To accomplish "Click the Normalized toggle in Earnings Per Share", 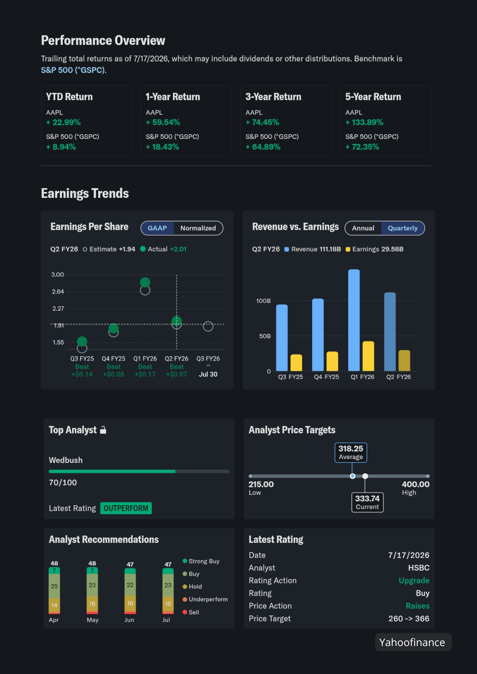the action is pos(198,228).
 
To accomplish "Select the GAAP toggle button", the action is pos(157,228).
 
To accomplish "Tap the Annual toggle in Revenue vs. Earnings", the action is pos(363,228).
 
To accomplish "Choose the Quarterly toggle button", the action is pos(403,228).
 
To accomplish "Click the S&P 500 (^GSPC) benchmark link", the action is pos(73,70).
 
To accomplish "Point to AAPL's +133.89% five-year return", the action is pos(364,122).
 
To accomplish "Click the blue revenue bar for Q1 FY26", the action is pos(354,320).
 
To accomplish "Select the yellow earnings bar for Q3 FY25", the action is pos(296,363).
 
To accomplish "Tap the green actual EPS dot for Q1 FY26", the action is pos(145,282).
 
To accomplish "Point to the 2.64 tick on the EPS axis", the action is pos(58,292).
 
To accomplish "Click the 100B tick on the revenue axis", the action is pos(263,301).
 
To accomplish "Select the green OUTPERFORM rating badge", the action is pos(126,508).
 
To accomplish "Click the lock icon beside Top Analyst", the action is pos(103,430).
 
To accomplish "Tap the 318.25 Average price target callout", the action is pos(351,453).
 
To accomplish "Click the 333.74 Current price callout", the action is pos(367,502).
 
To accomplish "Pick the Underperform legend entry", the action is pos(205,600).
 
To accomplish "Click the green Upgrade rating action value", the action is pos(414,581).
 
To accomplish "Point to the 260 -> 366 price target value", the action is pos(409,619).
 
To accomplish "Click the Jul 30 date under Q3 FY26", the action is pos(208,374).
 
